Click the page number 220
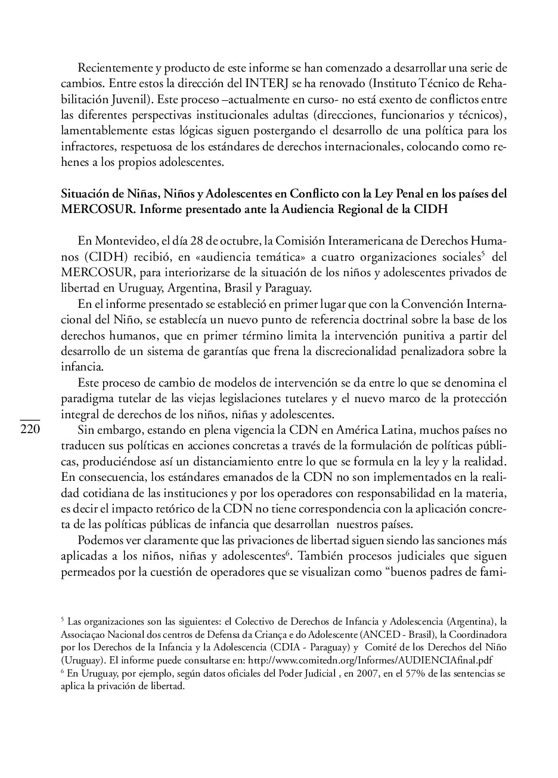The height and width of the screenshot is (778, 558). click(30, 430)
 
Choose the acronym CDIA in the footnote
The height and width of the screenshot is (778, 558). click(285, 647)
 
